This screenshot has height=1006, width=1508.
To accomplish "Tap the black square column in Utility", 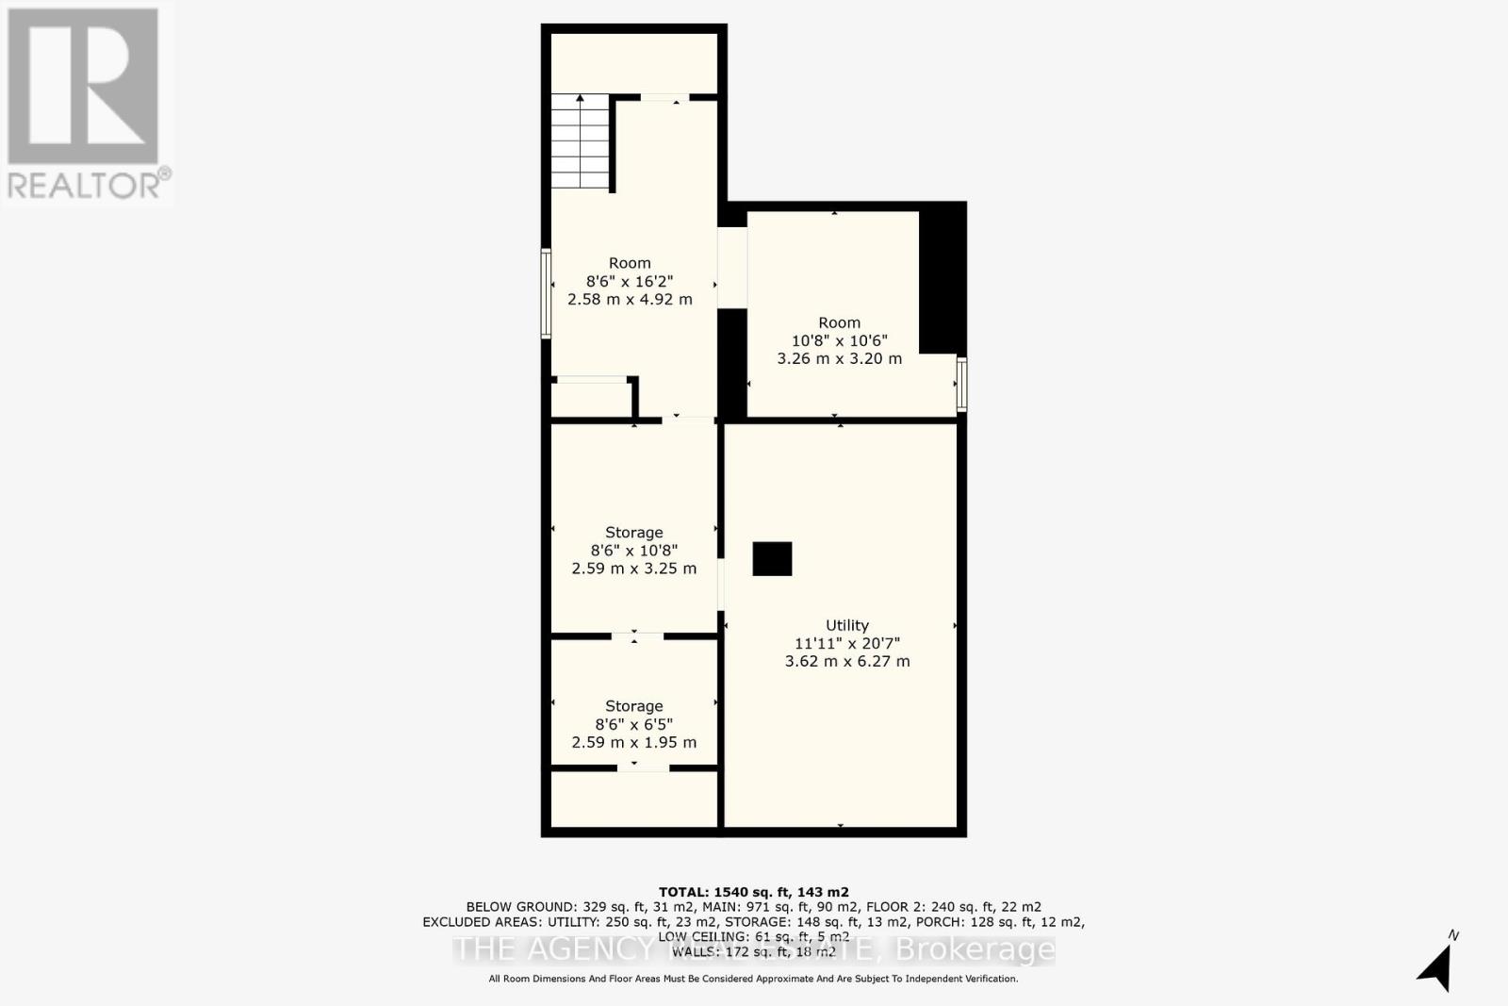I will point(772,559).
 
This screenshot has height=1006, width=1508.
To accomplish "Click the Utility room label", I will point(846,625).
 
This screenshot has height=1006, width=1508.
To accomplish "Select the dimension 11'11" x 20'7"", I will point(846,643).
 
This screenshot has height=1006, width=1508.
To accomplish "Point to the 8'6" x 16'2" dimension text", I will point(630,281).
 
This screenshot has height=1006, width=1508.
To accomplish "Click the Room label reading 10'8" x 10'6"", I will point(839,322).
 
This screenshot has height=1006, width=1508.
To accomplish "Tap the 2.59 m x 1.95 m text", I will point(633,742).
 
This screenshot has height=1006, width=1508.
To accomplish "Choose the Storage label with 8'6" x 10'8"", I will point(633,533).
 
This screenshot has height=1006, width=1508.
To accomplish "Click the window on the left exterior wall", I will point(546,293).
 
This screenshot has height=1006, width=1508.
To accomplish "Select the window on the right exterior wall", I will point(961,384).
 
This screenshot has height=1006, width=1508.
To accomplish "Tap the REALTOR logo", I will point(85,104).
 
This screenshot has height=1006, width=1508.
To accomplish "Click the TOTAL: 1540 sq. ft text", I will point(753,892).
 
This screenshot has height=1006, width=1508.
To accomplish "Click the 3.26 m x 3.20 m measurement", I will point(839,358).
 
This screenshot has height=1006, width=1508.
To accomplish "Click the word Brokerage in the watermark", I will point(975,949).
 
